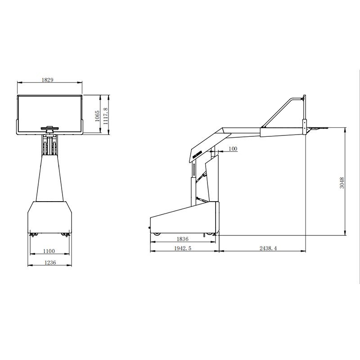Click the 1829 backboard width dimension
click(47, 80)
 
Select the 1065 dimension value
click(97, 116)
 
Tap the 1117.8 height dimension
click(105, 116)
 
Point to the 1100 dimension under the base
click(49, 251)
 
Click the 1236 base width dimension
click(50, 262)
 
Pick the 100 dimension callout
click(233, 149)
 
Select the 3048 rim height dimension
click(342, 183)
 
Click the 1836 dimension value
click(183, 239)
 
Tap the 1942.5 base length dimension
click(183, 248)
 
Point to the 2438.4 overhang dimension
click(268, 248)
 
